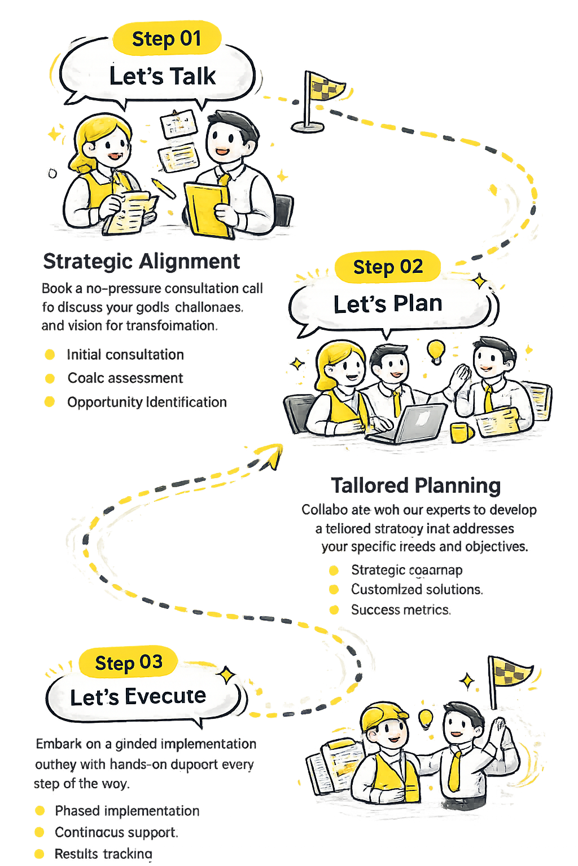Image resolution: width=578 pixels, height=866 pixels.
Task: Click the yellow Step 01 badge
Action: pyautogui.click(x=167, y=39)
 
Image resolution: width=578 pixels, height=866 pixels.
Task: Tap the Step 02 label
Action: pyautogui.click(x=388, y=267)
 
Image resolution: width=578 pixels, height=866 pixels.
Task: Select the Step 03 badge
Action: pyautogui.click(x=129, y=662)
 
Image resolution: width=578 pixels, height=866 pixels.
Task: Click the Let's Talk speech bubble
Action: pyautogui.click(x=162, y=76)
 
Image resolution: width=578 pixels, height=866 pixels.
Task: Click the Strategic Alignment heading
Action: pyautogui.click(x=142, y=262)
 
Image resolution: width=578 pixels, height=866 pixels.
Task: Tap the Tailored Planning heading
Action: pyautogui.click(x=416, y=485)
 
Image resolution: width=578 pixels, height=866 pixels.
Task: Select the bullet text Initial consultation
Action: pyautogui.click(x=125, y=355)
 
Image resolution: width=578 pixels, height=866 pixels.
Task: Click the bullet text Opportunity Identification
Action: pyautogui.click(x=147, y=402)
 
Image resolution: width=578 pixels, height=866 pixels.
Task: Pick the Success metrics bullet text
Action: pyautogui.click(x=400, y=609)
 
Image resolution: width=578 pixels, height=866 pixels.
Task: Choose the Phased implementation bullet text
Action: pyautogui.click(x=127, y=811)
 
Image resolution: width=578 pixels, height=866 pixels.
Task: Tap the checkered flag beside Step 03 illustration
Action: pyautogui.click(x=508, y=674)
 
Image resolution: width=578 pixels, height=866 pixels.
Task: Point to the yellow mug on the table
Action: pyautogui.click(x=461, y=432)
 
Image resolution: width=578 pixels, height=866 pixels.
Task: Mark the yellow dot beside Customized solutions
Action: pyautogui.click(x=334, y=590)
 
